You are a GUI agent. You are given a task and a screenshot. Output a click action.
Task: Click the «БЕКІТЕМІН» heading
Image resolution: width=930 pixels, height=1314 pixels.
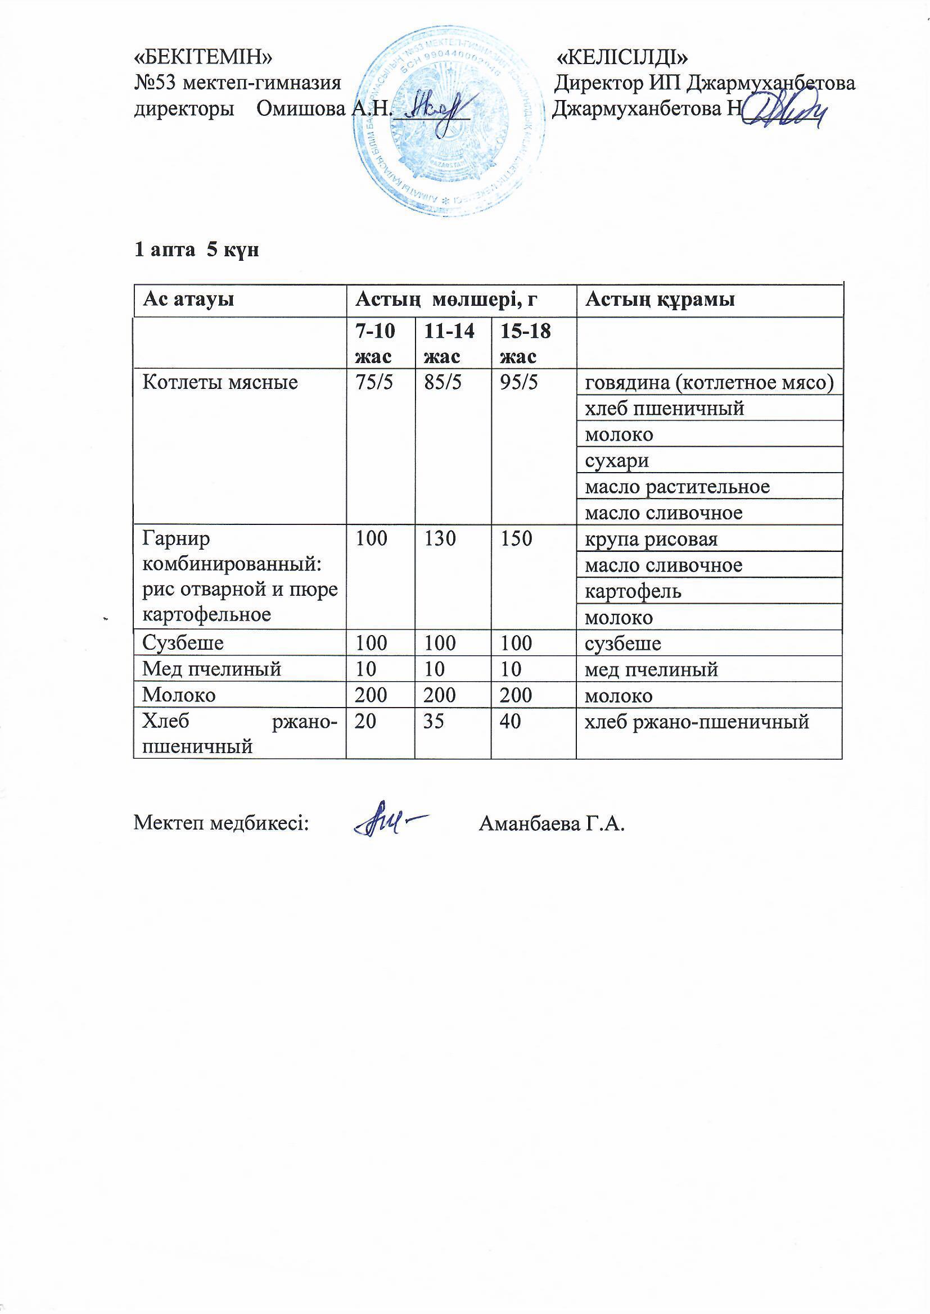pyautogui.click(x=203, y=58)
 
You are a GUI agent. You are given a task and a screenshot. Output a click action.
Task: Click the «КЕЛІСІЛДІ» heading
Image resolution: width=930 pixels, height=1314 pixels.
pyautogui.click(x=622, y=58)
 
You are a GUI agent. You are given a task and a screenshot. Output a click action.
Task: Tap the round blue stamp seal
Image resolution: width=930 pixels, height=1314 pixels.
pyautogui.click(x=448, y=121)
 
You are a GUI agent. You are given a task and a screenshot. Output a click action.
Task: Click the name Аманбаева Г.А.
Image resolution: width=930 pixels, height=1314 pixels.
pyautogui.click(x=552, y=824)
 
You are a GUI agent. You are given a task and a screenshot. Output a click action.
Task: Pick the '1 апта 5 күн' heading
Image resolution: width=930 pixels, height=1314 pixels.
pyautogui.click(x=196, y=250)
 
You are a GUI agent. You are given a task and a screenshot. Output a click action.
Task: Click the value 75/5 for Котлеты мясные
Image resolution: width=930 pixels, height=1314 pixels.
pyautogui.click(x=374, y=382)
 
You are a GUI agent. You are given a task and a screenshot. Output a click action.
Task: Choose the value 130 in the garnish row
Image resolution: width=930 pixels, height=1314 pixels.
pyautogui.click(x=440, y=538)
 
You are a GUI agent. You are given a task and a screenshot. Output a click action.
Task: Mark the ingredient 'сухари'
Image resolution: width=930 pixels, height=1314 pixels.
pyautogui.click(x=617, y=461)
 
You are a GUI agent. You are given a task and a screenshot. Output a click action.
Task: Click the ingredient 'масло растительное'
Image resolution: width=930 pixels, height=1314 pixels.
pyautogui.click(x=677, y=487)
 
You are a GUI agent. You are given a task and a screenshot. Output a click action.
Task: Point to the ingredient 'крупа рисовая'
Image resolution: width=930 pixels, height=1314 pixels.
pyautogui.click(x=651, y=539)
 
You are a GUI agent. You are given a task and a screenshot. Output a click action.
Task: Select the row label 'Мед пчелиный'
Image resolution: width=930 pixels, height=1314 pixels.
pyautogui.click(x=212, y=669)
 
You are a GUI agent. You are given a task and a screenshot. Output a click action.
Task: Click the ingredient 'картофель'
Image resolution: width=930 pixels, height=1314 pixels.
pyautogui.click(x=633, y=591)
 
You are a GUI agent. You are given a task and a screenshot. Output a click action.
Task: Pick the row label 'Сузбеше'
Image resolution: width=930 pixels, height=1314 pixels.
pyautogui.click(x=183, y=644)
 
